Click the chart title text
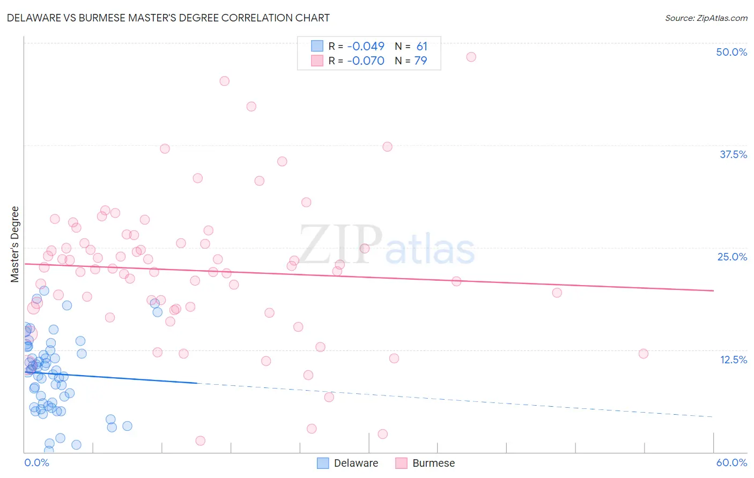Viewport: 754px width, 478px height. click(x=168, y=18)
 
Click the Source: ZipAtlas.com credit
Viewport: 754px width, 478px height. click(x=706, y=18)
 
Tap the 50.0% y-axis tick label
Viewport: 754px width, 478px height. click(x=731, y=52)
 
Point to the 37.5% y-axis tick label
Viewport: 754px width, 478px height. click(x=733, y=154)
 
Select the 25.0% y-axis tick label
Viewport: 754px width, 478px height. click(x=732, y=257)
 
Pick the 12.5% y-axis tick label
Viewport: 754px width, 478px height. click(x=733, y=359)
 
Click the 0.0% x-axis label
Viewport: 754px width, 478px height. click(x=36, y=462)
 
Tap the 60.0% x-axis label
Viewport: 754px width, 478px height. click(x=731, y=462)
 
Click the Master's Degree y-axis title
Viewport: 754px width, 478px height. click(x=15, y=244)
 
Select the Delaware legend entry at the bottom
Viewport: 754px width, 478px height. click(x=356, y=463)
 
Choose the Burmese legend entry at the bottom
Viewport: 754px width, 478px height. click(x=433, y=463)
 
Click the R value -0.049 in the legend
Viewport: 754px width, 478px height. click(x=365, y=47)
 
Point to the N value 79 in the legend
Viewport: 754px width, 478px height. click(x=420, y=61)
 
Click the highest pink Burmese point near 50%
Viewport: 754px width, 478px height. click(x=471, y=57)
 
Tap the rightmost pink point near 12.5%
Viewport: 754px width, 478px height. click(x=644, y=354)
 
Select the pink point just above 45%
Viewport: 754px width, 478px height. click(x=224, y=81)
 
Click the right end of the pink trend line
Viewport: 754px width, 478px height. click(x=713, y=290)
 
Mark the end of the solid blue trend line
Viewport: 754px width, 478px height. click(x=197, y=383)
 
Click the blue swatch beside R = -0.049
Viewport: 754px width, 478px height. click(x=317, y=47)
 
